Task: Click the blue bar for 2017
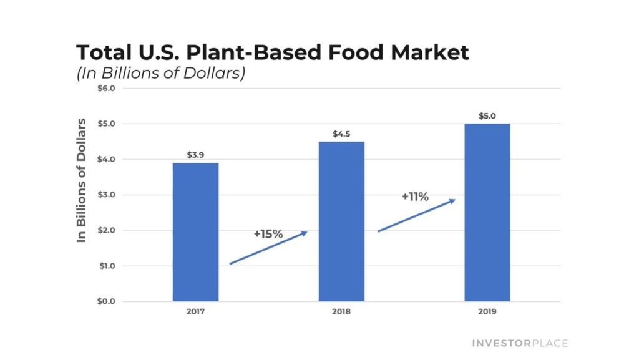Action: click(195, 232)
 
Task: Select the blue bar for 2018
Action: click(341, 221)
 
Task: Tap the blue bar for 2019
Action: click(487, 212)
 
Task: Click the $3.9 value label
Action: click(195, 154)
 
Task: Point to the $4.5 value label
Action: click(341, 133)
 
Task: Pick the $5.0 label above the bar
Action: click(487, 115)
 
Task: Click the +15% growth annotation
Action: click(268, 234)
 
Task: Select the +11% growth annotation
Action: click(415, 197)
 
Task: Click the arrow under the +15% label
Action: click(268, 248)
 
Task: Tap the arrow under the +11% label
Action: click(416, 215)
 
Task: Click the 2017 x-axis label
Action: click(195, 311)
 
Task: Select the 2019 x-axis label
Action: click(487, 311)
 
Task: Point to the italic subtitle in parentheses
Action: click(161, 72)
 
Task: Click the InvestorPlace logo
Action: click(520, 343)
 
